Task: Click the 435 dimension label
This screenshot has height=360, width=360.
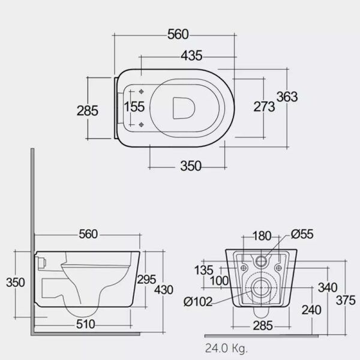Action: [x=191, y=56]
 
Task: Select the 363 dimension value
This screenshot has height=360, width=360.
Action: [x=287, y=97]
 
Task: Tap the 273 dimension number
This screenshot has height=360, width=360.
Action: [x=264, y=107]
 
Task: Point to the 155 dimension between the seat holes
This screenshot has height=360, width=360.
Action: [x=134, y=107]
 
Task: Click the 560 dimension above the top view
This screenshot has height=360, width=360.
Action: [x=178, y=34]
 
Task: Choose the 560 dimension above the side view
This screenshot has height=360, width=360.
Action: [x=88, y=234]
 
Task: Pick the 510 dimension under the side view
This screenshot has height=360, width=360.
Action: [x=85, y=324]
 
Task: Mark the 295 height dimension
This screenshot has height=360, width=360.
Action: [x=146, y=280]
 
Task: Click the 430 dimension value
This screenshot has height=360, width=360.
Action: [x=163, y=290]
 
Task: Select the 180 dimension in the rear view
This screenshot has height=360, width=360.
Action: [x=262, y=236]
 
